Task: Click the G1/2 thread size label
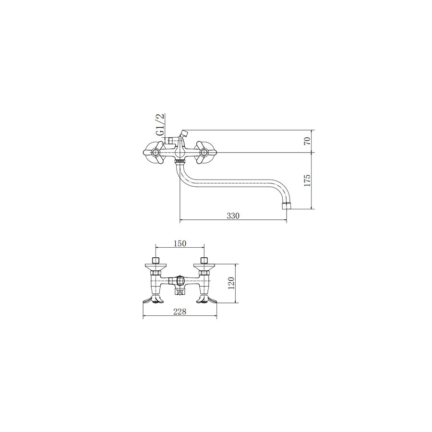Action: pyautogui.click(x=160, y=125)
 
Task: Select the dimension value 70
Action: pyautogui.click(x=308, y=141)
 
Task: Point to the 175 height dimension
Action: pyautogui.click(x=308, y=180)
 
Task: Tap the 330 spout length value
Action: pyautogui.click(x=233, y=216)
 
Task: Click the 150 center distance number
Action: pyautogui.click(x=180, y=243)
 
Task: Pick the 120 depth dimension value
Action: pyautogui.click(x=231, y=283)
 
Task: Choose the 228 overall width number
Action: pyautogui.click(x=180, y=312)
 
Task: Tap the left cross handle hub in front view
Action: pyautogui.click(x=156, y=152)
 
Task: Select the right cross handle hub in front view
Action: pyautogui.click(x=204, y=152)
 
